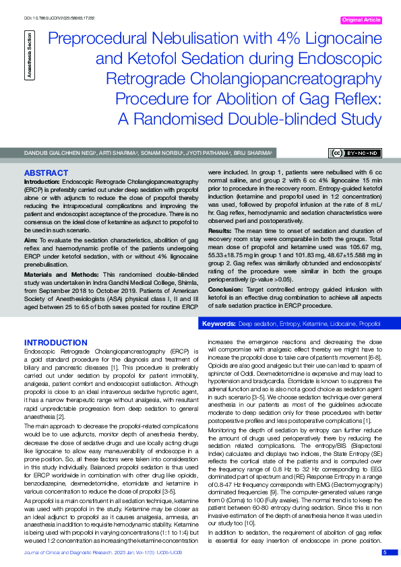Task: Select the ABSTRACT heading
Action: [46, 172]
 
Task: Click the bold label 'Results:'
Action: [221, 230]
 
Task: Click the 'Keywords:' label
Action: [219, 324]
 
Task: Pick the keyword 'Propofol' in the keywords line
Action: [369, 324]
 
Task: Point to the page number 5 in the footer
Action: [385, 552]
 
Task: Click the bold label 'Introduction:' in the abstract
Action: [42, 182]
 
